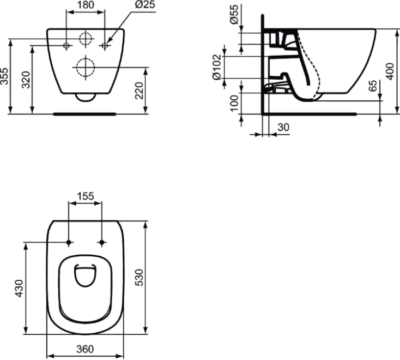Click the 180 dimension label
click(x=84, y=5)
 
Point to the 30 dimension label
click(x=283, y=127)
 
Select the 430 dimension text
click(x=19, y=288)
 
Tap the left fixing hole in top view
click(x=68, y=242)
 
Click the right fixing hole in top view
click(x=102, y=242)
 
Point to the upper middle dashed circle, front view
click(x=85, y=39)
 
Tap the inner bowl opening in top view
click(x=84, y=277)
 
